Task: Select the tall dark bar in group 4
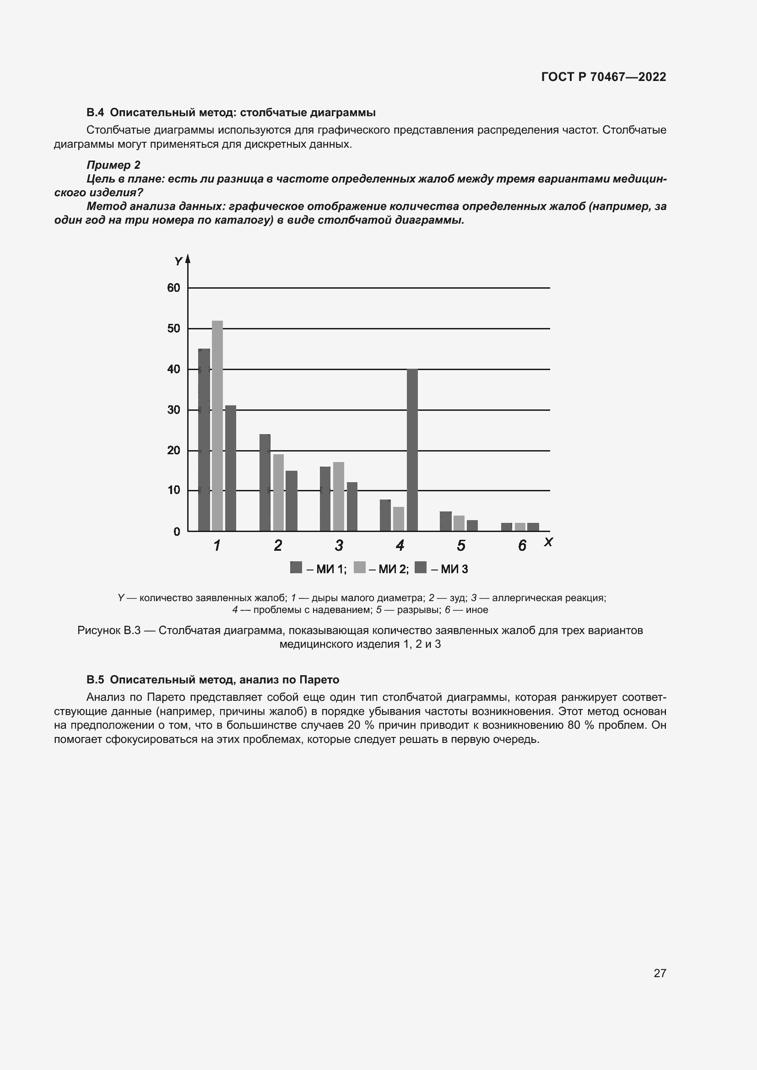coord(412,450)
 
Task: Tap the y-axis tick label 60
coord(173,288)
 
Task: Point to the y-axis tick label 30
coord(173,410)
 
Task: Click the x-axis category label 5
coord(461,545)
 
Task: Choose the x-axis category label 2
coord(278,545)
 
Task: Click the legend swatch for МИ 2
coord(359,568)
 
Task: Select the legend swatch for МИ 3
coord(421,568)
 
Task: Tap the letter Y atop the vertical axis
coord(178,262)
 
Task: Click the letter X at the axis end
coord(548,542)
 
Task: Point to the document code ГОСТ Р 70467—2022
coord(604,77)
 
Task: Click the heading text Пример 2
coord(113,165)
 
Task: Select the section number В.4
coord(95,113)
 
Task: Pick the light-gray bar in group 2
coord(278,492)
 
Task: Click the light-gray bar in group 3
coord(338,496)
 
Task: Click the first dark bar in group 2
coord(265,482)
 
